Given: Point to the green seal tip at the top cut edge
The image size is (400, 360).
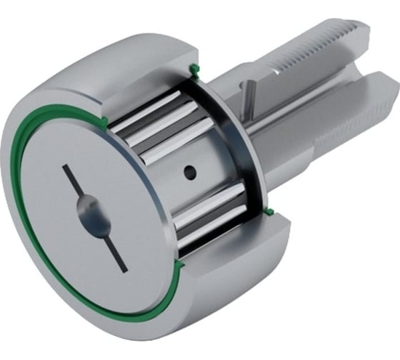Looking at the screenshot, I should [x=194, y=70].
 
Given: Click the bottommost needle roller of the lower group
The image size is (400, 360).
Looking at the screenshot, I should [x=207, y=239].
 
